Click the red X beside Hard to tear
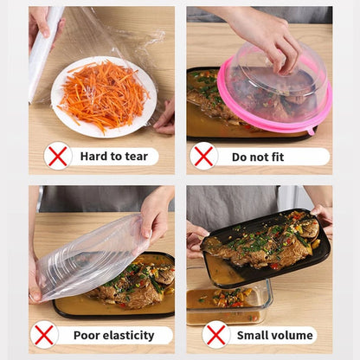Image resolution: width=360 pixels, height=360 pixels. pos(57,156)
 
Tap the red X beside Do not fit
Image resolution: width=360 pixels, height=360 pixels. pos(204,156)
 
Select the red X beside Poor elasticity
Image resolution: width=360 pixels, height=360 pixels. pos(45,334)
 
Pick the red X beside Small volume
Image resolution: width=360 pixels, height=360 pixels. pos(215,334)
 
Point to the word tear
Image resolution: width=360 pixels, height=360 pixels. pos(135,157)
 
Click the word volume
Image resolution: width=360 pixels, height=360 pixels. pos(294,335)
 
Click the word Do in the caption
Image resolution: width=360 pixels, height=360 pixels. pos(241,157)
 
